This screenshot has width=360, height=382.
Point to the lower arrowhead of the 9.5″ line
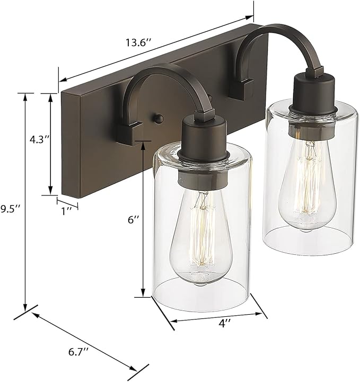click(25, 309)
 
